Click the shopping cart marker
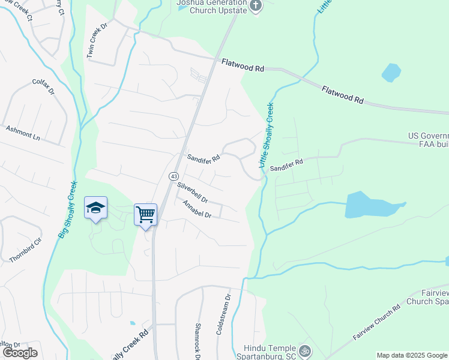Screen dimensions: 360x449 coord(146,214)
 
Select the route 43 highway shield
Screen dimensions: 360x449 coord(173,176)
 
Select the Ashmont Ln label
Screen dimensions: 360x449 coord(23,133)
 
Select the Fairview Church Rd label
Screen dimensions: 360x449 coord(376,323)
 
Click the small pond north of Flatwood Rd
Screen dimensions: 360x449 coord(391,73)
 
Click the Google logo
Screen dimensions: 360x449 coord(20,353)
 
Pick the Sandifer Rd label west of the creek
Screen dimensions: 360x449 coord(203,158)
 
